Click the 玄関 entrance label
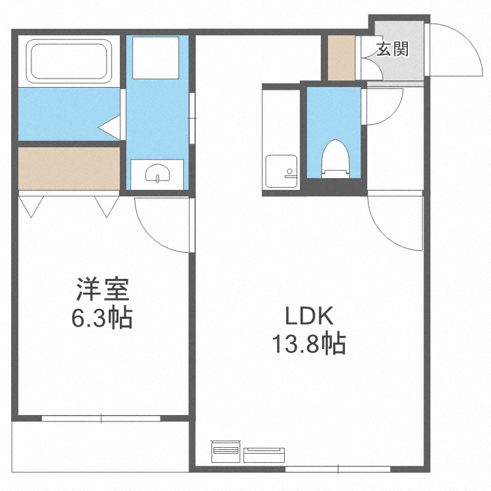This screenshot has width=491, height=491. click(x=392, y=49)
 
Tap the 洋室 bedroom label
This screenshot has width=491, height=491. click(x=102, y=289)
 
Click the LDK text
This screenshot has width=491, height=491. click(x=309, y=316)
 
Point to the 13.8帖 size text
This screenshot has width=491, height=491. click(x=309, y=344)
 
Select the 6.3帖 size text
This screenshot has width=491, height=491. click(x=102, y=318)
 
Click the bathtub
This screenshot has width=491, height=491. click(x=69, y=62)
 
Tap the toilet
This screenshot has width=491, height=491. click(x=336, y=159)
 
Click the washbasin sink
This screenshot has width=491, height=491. click(x=158, y=173)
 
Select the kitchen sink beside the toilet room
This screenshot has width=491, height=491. click(x=282, y=172)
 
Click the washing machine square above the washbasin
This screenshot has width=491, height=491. click(x=156, y=58)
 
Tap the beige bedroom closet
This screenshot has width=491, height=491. click(x=69, y=168)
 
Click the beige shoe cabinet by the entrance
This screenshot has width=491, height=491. click(x=341, y=58)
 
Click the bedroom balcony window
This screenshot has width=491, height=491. click(x=101, y=418)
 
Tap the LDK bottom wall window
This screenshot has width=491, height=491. click(x=338, y=469)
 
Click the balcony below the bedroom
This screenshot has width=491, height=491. click(x=100, y=447)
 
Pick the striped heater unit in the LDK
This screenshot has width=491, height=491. click(x=225, y=451)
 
